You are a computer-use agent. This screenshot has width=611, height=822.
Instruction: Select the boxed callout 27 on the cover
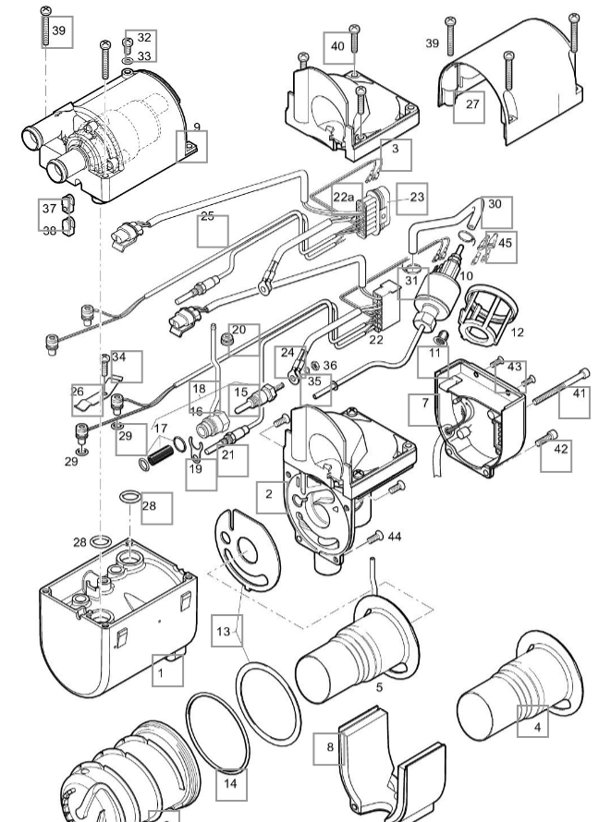click(472, 105)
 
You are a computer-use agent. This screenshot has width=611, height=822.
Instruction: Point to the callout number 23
click(416, 198)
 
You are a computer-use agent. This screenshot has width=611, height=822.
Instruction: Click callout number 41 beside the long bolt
click(580, 394)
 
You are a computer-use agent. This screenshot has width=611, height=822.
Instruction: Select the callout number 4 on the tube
click(538, 726)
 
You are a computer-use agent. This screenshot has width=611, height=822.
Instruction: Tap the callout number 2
click(269, 495)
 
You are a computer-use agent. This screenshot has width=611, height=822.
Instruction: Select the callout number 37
click(49, 209)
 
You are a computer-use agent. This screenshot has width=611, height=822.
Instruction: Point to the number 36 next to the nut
click(330, 366)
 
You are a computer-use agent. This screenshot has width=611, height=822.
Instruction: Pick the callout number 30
click(495, 204)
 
